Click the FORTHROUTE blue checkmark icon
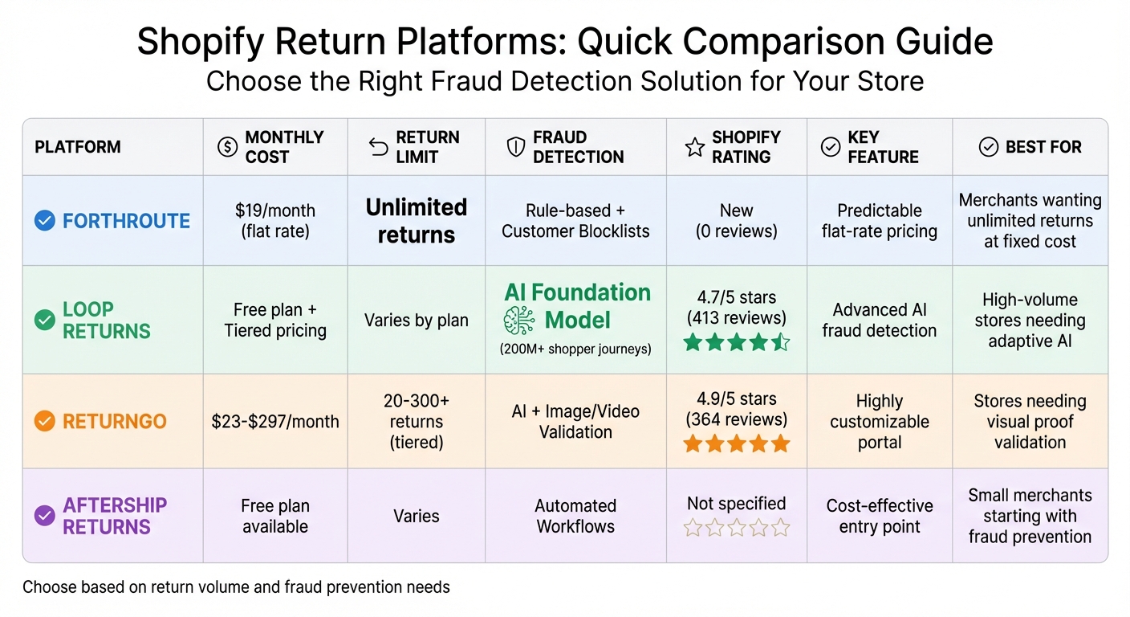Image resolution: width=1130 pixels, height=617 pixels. pyautogui.click(x=45, y=221)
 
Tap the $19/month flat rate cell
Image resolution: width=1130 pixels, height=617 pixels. pyautogui.click(x=275, y=221)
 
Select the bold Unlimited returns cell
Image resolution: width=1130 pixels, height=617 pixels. pyautogui.click(x=416, y=221)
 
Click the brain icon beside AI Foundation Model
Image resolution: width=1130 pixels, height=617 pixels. pyautogui.click(x=518, y=321)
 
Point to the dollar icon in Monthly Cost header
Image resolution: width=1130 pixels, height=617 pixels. pyautogui.click(x=228, y=147)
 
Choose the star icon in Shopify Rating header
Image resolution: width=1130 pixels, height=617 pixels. pyautogui.click(x=694, y=147)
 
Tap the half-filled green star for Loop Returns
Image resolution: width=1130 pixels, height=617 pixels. pyautogui.click(x=780, y=343)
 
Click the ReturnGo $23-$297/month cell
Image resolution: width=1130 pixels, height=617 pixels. pyautogui.click(x=275, y=422)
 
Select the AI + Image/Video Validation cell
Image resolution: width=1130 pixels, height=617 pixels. pyautogui.click(x=575, y=422)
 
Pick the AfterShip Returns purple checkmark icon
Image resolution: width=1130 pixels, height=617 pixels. pyautogui.click(x=45, y=516)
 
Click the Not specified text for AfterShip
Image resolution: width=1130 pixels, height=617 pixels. pyautogui.click(x=736, y=504)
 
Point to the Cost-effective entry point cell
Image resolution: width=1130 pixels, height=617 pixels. pyautogui.click(x=880, y=516)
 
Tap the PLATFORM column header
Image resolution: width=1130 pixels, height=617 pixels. pyautogui.click(x=78, y=147)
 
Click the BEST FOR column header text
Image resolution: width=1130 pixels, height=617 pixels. pyautogui.click(x=1043, y=147)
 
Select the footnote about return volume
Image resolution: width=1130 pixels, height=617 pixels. pyautogui.click(x=236, y=587)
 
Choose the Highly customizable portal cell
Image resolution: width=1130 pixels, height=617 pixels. pyautogui.click(x=880, y=422)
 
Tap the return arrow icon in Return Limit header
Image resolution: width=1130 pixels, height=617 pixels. pyautogui.click(x=378, y=147)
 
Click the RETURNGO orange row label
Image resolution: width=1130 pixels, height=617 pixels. pyautogui.click(x=114, y=422)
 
